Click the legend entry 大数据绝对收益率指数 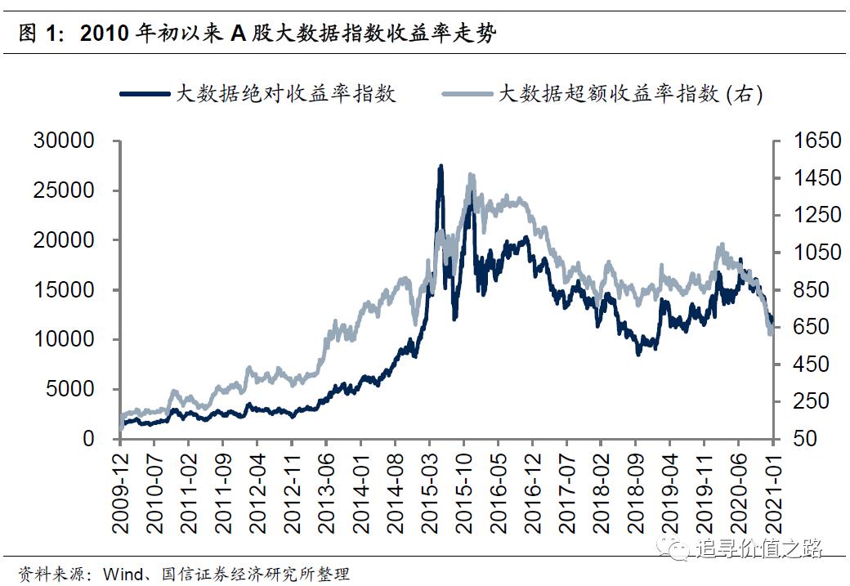(286, 93)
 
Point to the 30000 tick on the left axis (65, 141)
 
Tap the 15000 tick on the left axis (65, 290)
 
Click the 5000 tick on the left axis (70, 389)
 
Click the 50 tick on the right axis (806, 439)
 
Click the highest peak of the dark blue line (441, 166)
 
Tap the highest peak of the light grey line (471, 175)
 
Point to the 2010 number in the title (104, 34)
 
